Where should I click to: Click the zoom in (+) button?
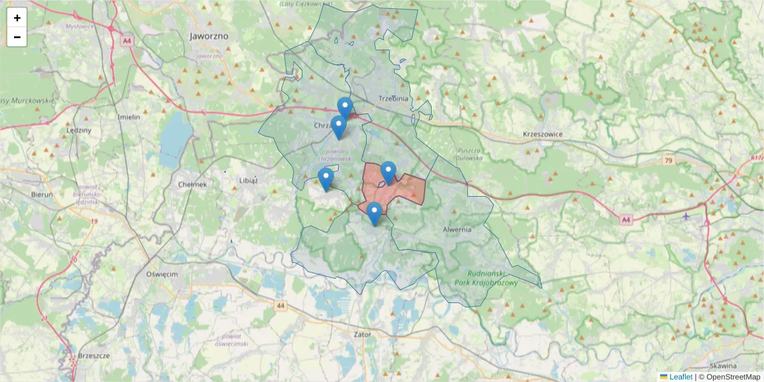pos(17,18)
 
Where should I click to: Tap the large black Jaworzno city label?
pos(209,36)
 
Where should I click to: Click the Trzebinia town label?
pos(393,99)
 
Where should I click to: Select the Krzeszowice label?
pos(543,134)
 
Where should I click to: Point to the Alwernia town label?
pos(456,229)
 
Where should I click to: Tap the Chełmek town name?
pos(193,185)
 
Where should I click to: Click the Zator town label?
pos(362,333)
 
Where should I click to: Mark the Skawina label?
pos(723,366)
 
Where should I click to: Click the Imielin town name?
pos(129,117)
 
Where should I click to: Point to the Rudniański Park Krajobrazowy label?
pos(487,278)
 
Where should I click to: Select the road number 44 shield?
pos(281,306)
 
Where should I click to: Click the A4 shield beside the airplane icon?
pos(626,220)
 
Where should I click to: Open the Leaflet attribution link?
pos(680,377)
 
